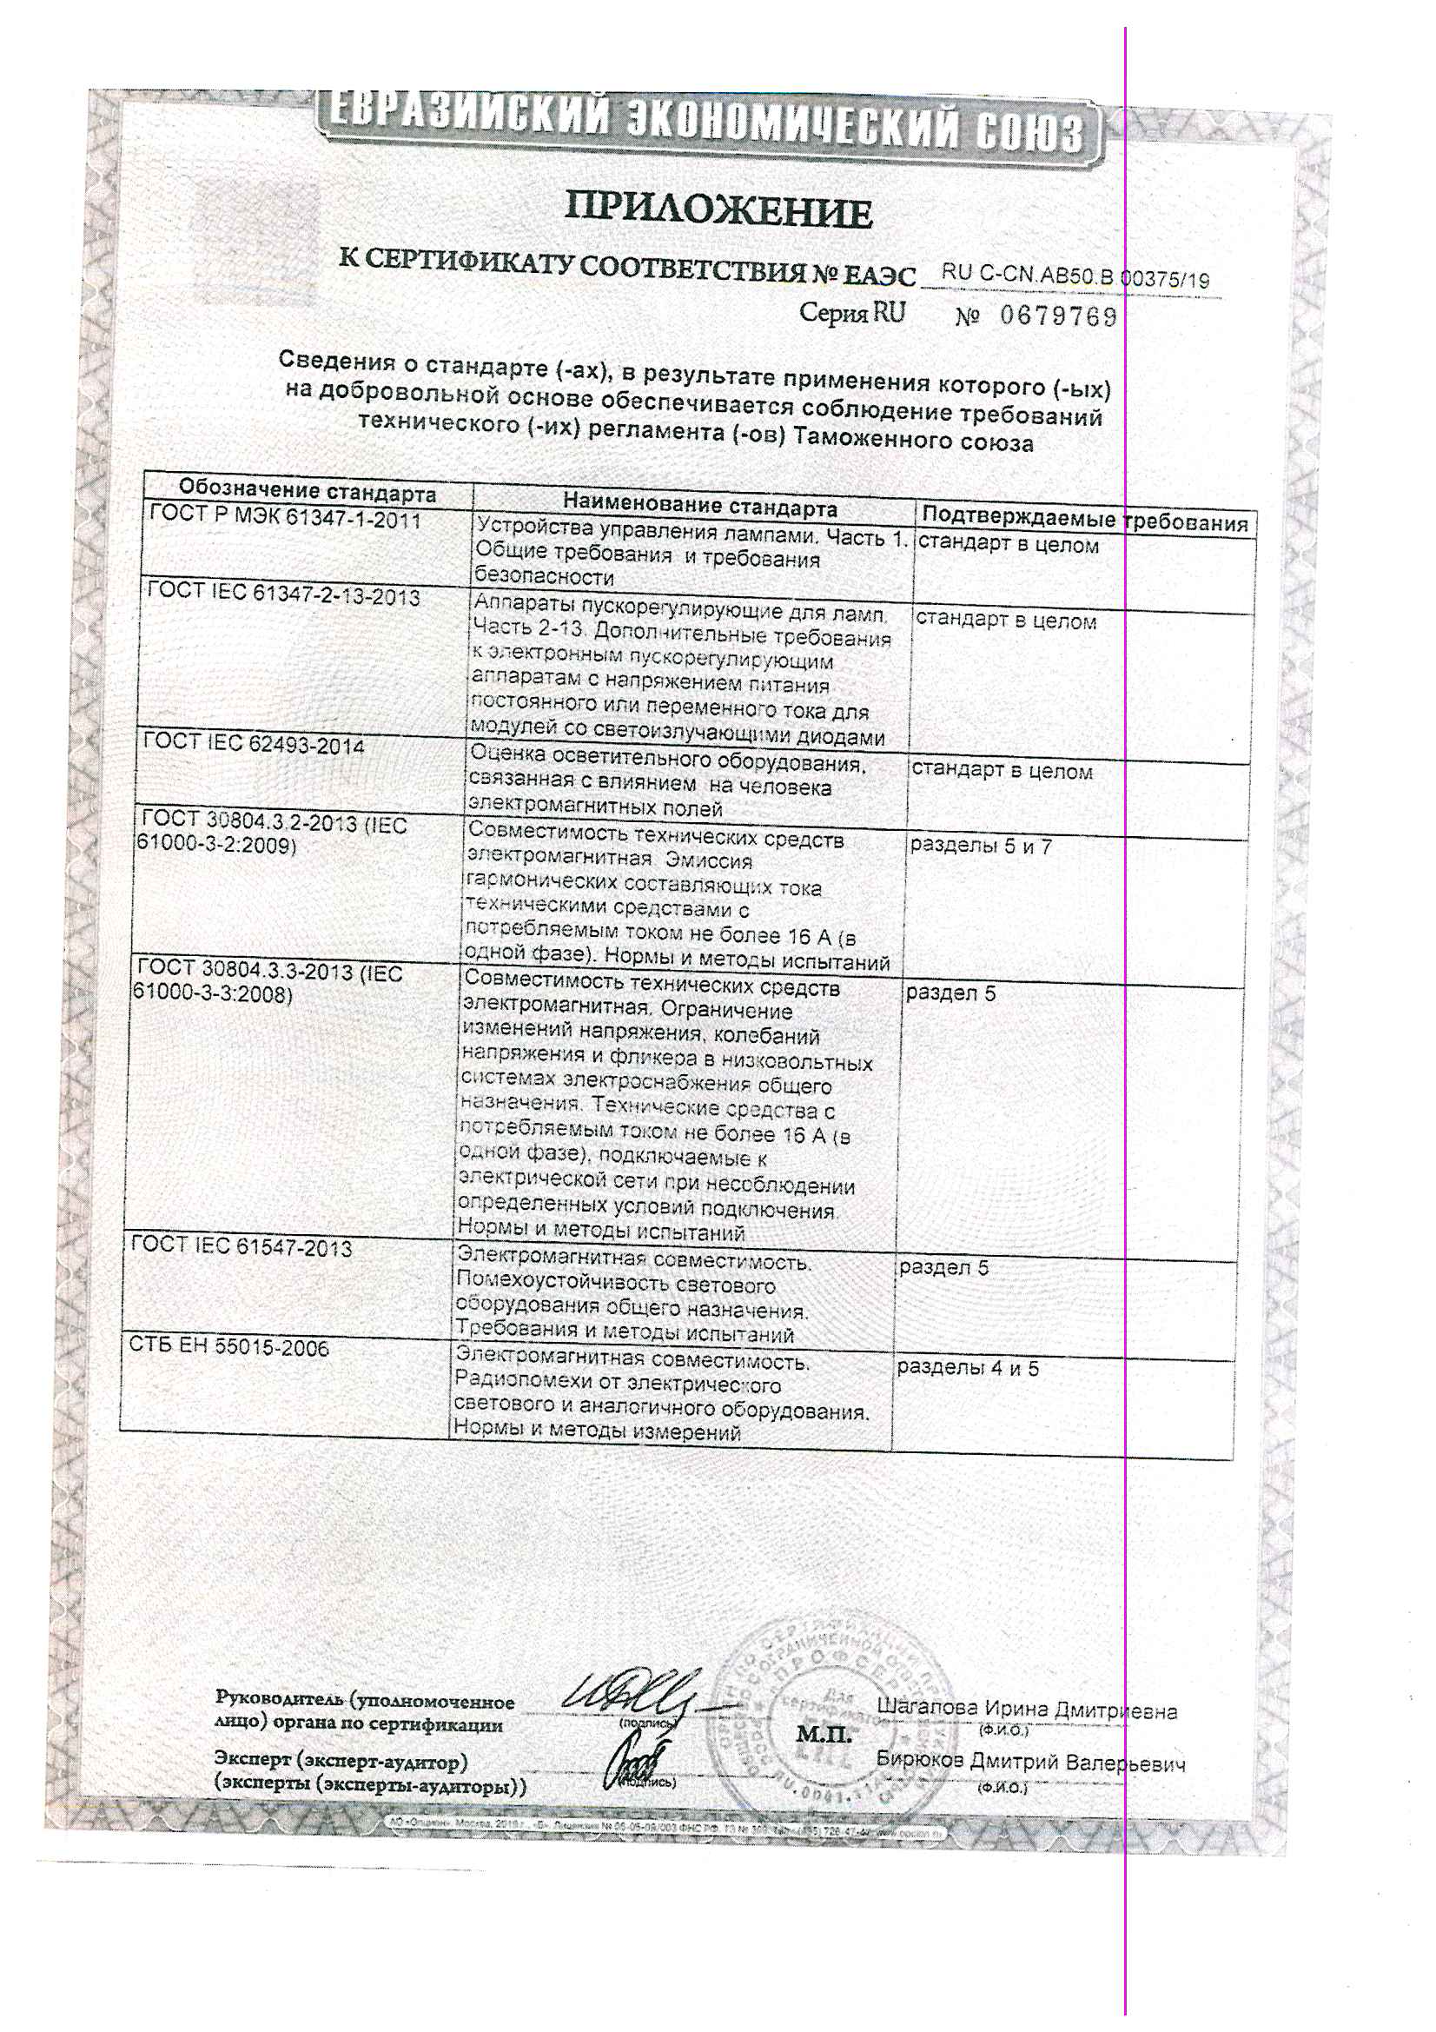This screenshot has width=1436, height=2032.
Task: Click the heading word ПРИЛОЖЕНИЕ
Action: coord(718,210)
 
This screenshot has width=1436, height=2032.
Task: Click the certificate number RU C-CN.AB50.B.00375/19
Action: coord(1074,276)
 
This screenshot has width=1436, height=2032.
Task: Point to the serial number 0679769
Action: coord(1059,316)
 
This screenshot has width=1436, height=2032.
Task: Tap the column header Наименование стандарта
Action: coord(699,506)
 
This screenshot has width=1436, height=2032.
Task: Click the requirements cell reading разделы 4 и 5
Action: coord(967,1368)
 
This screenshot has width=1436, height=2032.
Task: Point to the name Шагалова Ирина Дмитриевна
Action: coord(1026,1710)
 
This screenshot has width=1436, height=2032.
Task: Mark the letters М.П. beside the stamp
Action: coord(823,1735)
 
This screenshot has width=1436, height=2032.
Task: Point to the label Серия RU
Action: coord(852,312)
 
